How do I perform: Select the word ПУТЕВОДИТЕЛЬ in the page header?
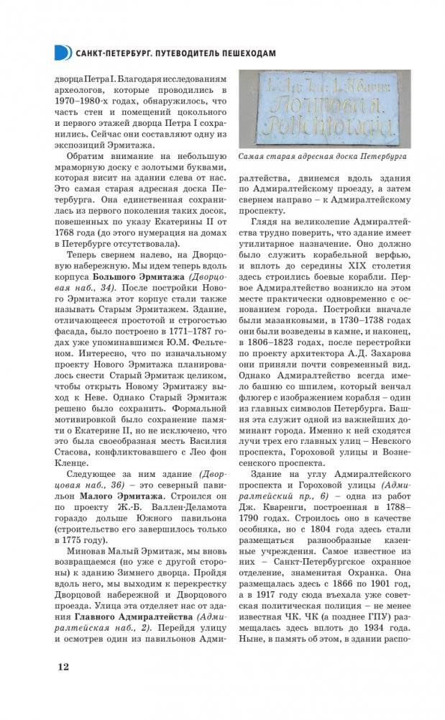tap(180, 53)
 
